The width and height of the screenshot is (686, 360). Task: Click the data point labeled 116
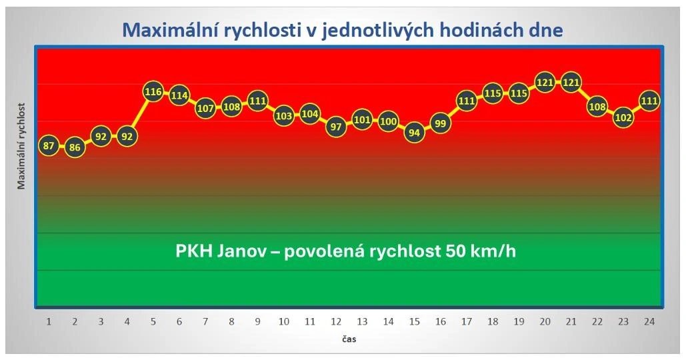[153, 91]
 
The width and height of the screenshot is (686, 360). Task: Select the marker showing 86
[75, 147]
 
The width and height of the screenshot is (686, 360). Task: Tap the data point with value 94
[415, 133]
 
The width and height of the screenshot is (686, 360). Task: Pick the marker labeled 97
[336, 127]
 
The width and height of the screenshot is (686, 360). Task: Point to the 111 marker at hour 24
[649, 101]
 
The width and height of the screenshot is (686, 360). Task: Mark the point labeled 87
[48, 146]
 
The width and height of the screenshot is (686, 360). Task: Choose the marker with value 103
[284, 115]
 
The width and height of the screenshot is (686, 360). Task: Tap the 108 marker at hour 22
[597, 106]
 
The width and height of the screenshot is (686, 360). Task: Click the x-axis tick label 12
[336, 321]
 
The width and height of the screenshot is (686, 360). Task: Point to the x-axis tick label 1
[49, 321]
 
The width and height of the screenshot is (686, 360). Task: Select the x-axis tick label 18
[493, 321]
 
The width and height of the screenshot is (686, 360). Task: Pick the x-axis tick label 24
[649, 321]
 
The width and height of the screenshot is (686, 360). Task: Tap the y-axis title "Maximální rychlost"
[22, 145]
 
